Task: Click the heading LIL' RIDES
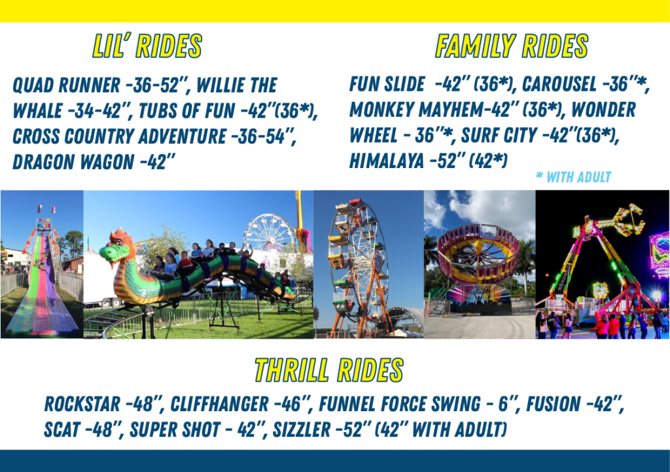(147, 46)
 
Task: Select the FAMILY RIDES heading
(512, 46)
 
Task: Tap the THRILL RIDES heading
(328, 369)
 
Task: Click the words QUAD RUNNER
(66, 85)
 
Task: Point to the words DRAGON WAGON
(73, 161)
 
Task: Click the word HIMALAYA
(386, 161)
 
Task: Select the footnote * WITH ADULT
(573, 177)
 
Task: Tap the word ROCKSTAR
(82, 404)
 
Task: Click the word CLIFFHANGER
(219, 404)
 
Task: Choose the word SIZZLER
(302, 430)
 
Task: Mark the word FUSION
(554, 404)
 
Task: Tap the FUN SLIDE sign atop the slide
(44, 224)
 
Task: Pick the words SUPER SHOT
(175, 430)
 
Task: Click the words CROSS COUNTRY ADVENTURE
(119, 136)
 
